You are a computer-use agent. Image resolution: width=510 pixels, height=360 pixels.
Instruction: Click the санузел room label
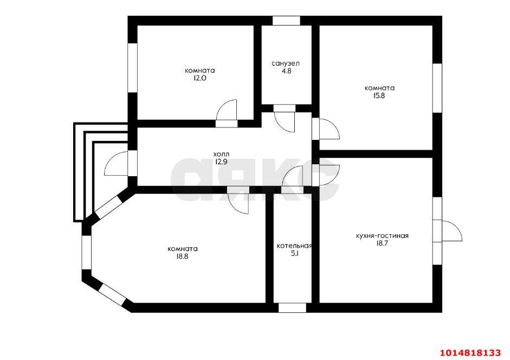tap(286, 63)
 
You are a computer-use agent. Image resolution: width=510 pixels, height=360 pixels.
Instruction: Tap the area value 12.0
tap(199, 78)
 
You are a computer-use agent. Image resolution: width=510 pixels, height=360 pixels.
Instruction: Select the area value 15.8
tap(379, 96)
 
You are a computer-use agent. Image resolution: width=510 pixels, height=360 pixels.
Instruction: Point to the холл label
tap(221, 153)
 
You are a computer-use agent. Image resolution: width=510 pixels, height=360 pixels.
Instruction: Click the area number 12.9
tap(221, 162)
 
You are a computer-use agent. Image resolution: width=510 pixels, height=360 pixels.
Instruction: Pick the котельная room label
tap(294, 246)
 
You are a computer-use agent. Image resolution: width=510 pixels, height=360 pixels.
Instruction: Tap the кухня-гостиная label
tap(382, 236)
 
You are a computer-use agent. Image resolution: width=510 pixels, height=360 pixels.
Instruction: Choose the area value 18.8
tap(183, 256)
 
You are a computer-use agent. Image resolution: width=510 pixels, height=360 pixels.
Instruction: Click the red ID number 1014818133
tap(470, 352)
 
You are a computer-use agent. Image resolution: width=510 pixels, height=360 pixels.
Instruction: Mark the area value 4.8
tap(286, 71)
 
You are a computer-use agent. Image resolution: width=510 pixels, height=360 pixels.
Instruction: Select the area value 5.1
tap(295, 254)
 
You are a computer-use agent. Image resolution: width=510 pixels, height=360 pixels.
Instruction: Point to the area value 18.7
tap(382, 243)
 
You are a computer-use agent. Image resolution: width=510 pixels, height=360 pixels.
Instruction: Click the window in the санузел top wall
tap(286, 21)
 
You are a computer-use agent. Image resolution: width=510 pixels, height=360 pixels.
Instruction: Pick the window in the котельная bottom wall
tap(293, 308)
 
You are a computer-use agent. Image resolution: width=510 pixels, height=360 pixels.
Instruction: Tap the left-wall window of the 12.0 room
tap(132, 68)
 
